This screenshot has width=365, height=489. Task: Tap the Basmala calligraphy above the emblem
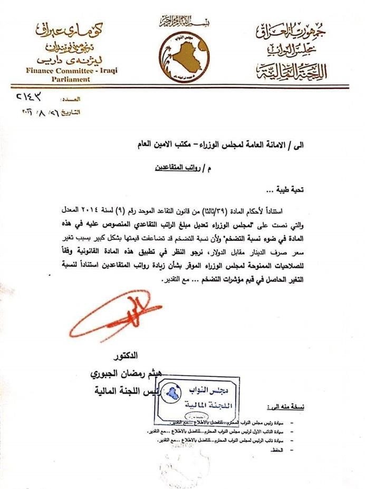[x=184, y=22]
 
